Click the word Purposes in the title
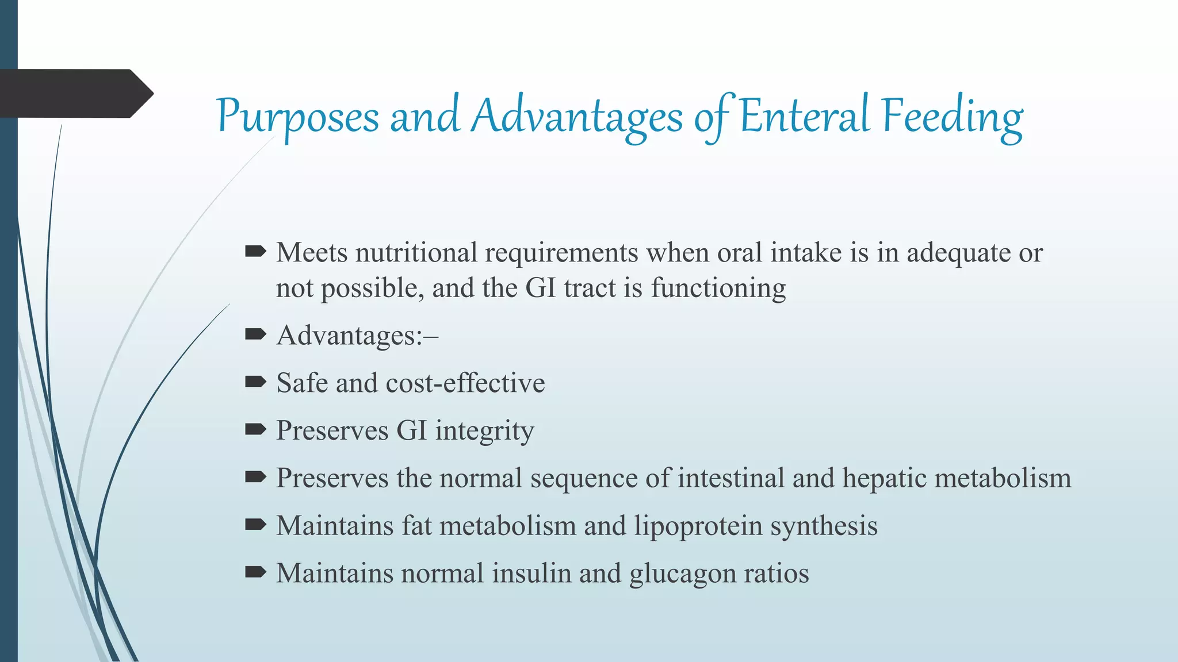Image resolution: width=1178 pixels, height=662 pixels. click(298, 117)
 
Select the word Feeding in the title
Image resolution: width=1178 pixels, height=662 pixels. click(952, 117)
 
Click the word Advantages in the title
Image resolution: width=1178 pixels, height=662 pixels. click(577, 117)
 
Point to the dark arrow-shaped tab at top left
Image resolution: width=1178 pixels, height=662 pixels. click(75, 94)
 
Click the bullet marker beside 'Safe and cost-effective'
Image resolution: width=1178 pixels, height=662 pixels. click(255, 382)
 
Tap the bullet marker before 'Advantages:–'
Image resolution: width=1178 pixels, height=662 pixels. click(255, 334)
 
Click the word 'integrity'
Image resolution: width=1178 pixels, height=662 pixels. click(484, 431)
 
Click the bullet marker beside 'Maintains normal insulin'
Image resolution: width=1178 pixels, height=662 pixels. click(255, 572)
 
